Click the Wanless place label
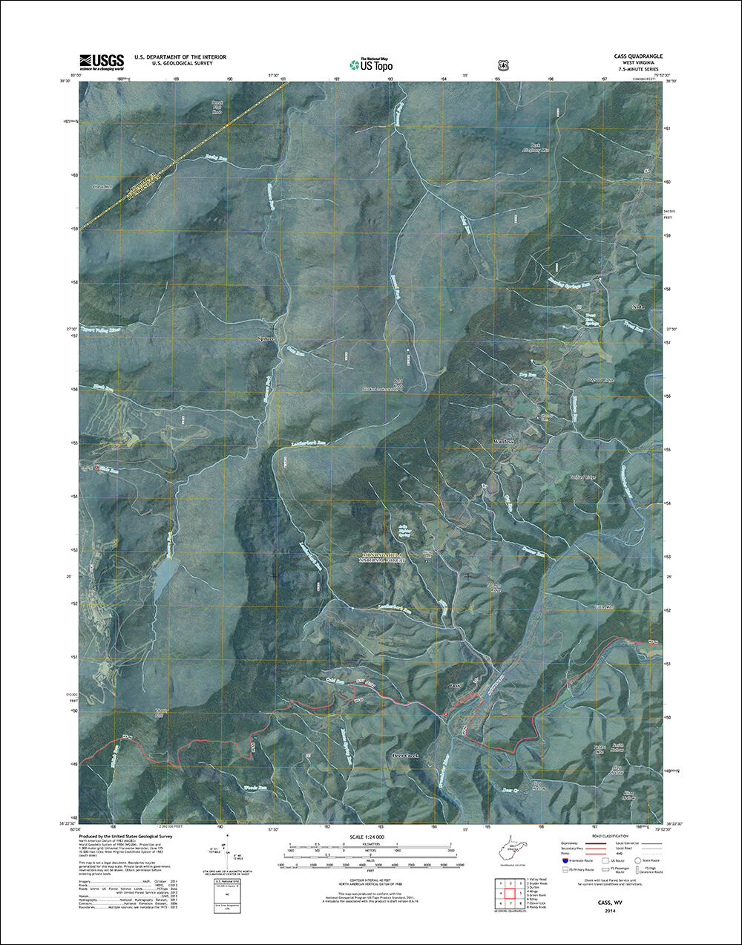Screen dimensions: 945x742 coord(504,442)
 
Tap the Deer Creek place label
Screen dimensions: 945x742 coord(405,756)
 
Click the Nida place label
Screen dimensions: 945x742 coord(636,307)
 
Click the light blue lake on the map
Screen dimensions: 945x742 coord(164,580)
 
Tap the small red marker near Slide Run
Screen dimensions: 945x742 coord(96,468)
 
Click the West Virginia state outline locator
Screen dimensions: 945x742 coord(517,848)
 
